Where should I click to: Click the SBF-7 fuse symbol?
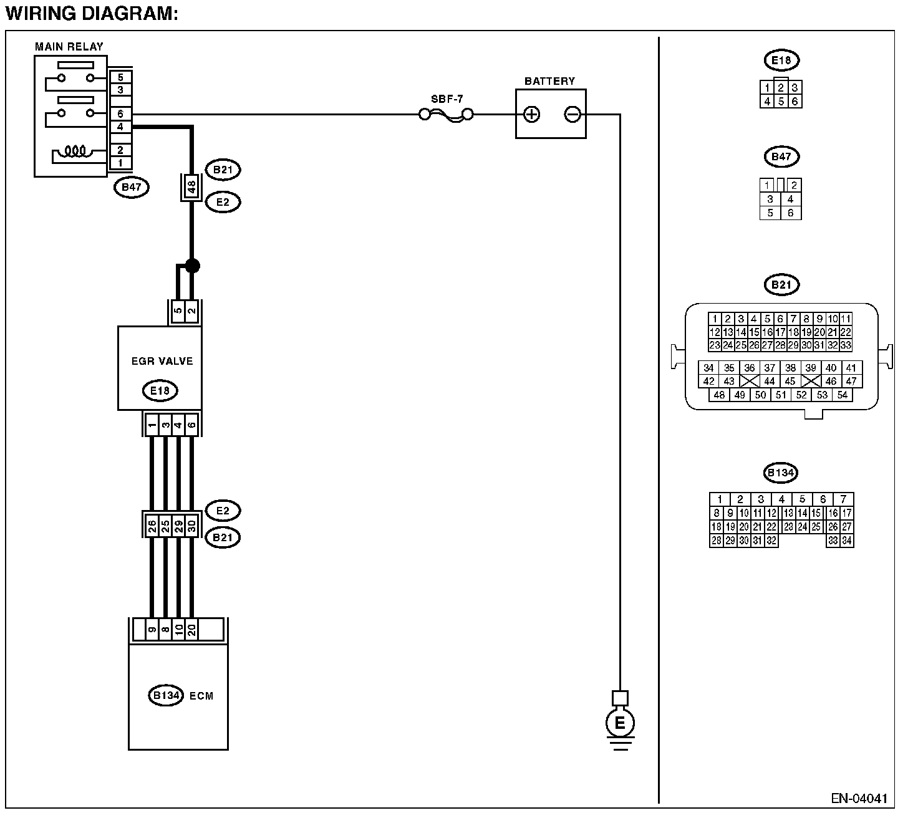pos(447,115)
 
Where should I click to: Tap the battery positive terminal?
pos(531,115)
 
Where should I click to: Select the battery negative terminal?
pos(573,115)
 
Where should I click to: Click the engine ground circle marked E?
pos(620,723)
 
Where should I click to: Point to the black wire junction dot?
pos(192,266)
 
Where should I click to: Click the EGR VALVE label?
pos(162,361)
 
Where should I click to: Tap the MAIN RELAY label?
pos(69,47)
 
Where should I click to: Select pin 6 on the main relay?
pos(120,114)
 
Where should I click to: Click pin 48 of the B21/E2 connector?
pos(191,186)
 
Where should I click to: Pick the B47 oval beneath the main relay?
pos(132,187)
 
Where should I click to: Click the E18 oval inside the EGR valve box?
pos(160,390)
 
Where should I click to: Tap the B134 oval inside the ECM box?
pos(166,695)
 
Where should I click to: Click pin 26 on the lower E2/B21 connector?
pos(152,526)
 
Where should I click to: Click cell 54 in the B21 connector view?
pos(843,395)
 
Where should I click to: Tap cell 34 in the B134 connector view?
pos(847,541)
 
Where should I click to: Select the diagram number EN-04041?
pos(859,799)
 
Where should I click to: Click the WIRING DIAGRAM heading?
pos(92,14)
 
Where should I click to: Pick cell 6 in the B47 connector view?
pos(791,213)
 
